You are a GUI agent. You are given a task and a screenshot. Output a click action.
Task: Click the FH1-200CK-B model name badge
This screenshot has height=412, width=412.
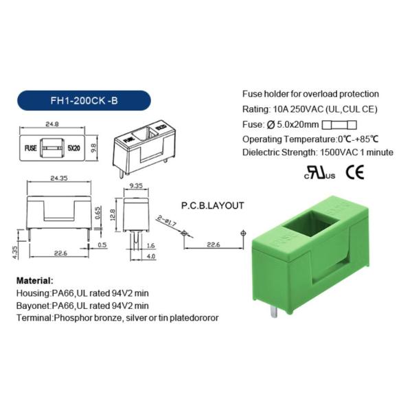tap(84, 101)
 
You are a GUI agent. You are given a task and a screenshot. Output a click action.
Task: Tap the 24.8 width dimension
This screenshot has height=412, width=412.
tap(52, 124)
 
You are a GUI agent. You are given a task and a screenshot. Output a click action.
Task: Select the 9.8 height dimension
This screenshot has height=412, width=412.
tap(94, 148)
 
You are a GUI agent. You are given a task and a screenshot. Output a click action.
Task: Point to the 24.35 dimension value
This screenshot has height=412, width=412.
tap(59, 178)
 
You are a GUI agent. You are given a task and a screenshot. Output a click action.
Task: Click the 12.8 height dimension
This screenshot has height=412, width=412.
tap(112, 215)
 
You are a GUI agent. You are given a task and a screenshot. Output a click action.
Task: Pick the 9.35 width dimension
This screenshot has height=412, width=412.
tap(136, 186)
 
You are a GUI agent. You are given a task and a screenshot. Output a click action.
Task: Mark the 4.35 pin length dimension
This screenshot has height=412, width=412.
tap(15, 252)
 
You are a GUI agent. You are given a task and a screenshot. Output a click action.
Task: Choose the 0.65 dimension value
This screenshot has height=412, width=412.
tap(98, 213)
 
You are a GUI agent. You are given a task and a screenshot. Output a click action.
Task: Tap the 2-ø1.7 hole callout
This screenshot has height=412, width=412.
tap(167, 220)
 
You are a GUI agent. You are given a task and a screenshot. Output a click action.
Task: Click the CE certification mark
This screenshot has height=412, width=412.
tap(355, 172)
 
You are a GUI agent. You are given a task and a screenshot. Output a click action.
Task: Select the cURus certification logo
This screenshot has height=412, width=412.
tap(319, 173)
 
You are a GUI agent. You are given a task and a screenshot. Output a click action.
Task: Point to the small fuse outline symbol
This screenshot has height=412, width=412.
tap(339, 125)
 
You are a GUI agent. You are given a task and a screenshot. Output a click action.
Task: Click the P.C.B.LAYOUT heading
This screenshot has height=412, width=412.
tap(213, 205)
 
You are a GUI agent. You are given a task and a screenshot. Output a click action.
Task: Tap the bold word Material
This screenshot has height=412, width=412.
tap(35, 280)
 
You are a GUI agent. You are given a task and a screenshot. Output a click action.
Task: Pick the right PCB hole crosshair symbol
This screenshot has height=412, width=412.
tap(243, 233)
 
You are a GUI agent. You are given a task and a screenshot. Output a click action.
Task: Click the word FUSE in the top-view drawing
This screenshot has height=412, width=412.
tap(30, 148)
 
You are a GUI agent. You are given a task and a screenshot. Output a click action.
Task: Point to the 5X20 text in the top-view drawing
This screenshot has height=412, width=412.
tap(73, 148)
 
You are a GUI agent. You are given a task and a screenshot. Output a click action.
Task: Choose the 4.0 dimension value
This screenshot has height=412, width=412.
tap(151, 256)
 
